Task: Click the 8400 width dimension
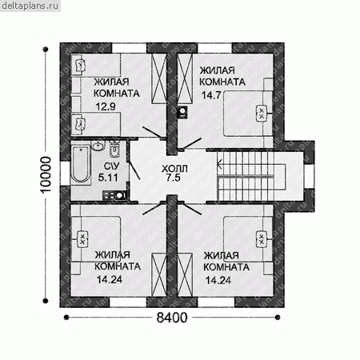[172, 318]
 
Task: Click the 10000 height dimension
[46, 174]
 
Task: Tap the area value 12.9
[106, 106]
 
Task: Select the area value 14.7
[211, 95]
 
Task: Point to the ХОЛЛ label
[174, 169]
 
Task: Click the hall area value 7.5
[174, 178]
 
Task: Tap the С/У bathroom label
[112, 166]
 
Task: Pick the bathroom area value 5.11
[108, 178]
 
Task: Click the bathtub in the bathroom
[81, 164]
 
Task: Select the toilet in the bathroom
[114, 149]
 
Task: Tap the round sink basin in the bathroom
[98, 146]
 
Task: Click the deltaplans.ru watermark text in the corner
[30, 6]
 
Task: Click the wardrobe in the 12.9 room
[159, 78]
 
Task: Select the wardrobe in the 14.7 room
[185, 78]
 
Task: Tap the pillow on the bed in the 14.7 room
[261, 114]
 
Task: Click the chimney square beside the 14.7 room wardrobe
[182, 112]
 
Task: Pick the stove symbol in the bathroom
[114, 195]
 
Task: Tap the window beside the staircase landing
[309, 176]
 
